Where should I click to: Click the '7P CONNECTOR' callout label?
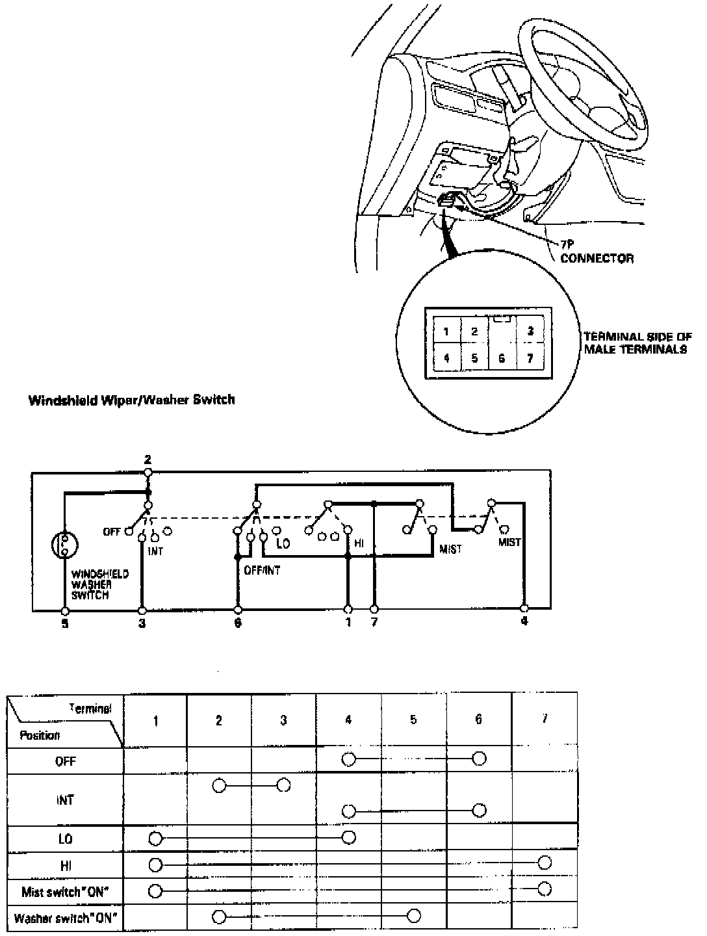pyautogui.click(x=597, y=253)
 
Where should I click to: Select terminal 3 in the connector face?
pyautogui.click(x=530, y=331)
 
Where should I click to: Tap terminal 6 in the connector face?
pyautogui.click(x=501, y=358)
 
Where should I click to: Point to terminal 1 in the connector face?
pyautogui.click(x=446, y=331)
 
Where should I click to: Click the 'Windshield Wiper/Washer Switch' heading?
pyautogui.click(x=131, y=400)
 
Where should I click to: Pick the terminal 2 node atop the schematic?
pyautogui.click(x=148, y=471)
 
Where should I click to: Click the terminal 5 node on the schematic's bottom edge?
pyautogui.click(x=65, y=611)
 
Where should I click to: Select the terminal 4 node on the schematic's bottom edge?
pyautogui.click(x=524, y=609)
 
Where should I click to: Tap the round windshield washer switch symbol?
pyautogui.click(x=65, y=545)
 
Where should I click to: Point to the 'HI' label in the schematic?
pyautogui.click(x=359, y=543)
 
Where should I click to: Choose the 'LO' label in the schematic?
pyautogui.click(x=283, y=543)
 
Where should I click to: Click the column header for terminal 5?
pyautogui.click(x=413, y=720)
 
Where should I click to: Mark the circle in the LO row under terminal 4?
pyautogui.click(x=349, y=837)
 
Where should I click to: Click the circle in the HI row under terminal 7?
pyautogui.click(x=545, y=863)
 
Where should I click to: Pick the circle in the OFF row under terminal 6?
pyautogui.click(x=479, y=759)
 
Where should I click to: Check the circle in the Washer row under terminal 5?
pyautogui.click(x=413, y=916)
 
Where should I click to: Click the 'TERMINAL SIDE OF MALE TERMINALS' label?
pyautogui.click(x=637, y=343)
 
